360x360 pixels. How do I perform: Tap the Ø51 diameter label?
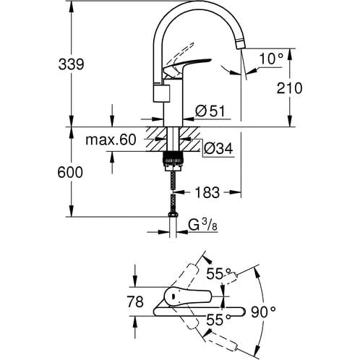tap(211, 111)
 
